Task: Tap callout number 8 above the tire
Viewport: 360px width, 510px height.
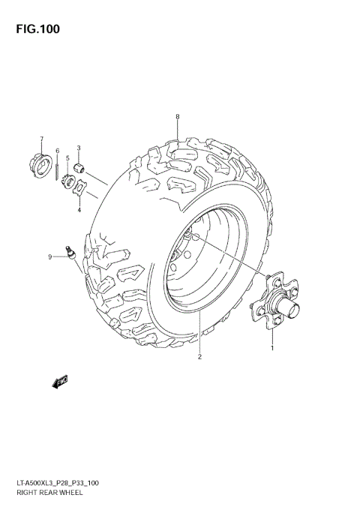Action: tap(178, 116)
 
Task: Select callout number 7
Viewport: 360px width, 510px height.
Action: tap(42, 139)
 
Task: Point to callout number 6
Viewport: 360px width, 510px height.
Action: tap(57, 151)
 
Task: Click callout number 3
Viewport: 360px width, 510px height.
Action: tap(79, 148)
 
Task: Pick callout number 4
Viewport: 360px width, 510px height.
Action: tap(78, 211)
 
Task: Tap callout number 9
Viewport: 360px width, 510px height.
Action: tap(50, 256)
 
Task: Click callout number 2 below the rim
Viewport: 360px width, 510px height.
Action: tap(200, 356)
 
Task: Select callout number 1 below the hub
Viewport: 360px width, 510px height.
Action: tap(271, 347)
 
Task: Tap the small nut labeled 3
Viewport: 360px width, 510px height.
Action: tap(79, 166)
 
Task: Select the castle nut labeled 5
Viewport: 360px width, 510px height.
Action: tap(67, 181)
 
